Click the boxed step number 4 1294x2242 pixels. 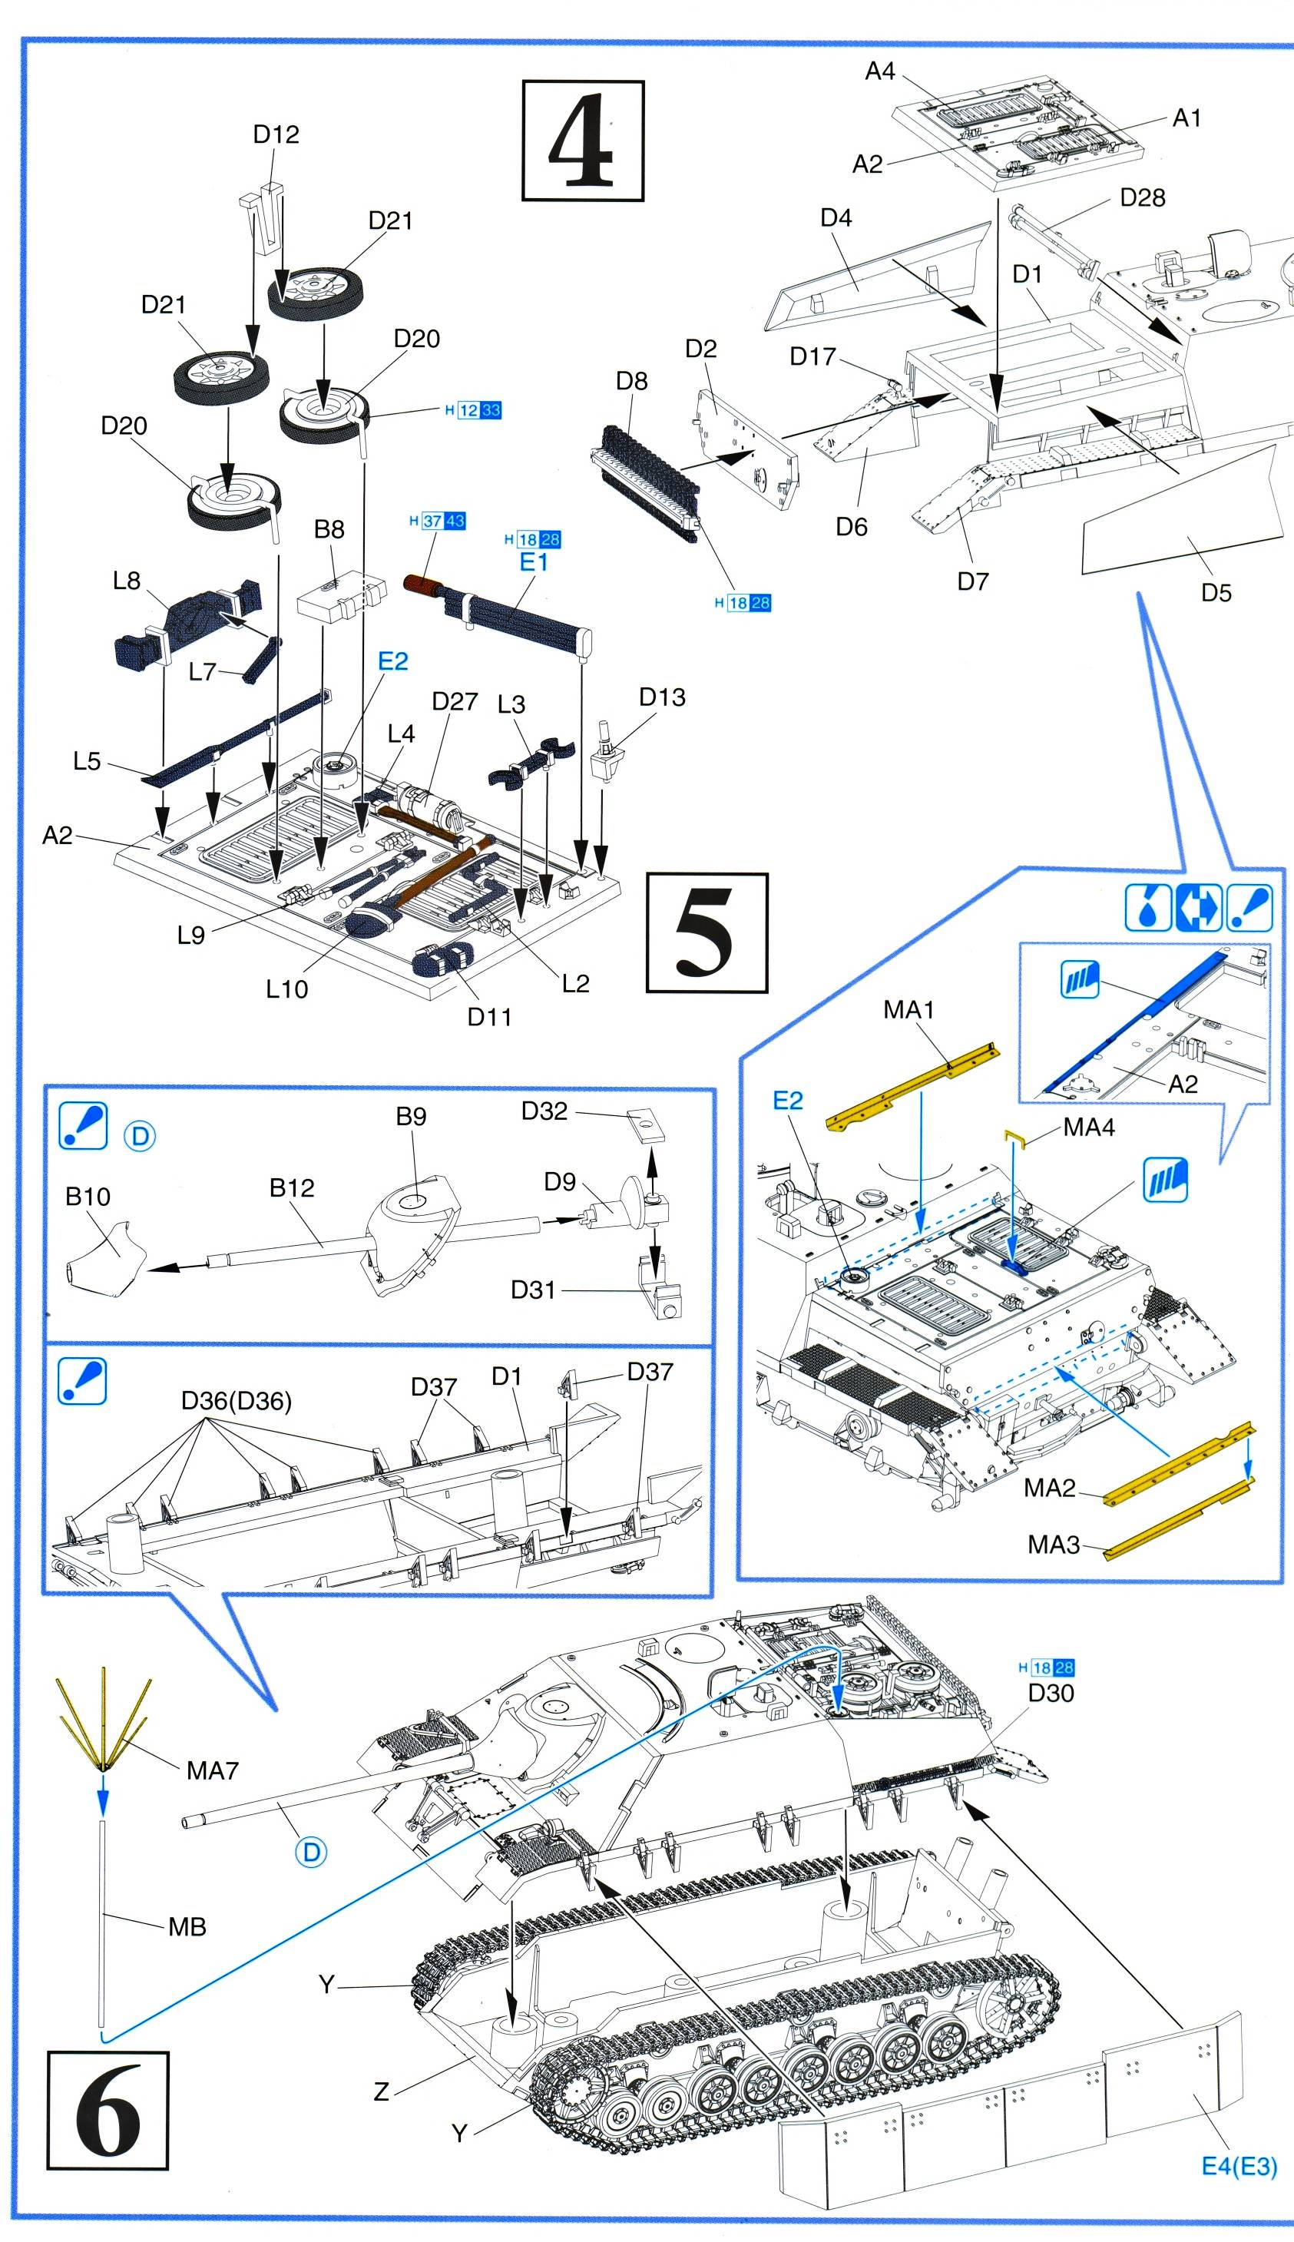click(x=582, y=141)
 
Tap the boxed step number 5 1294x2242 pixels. click(x=707, y=932)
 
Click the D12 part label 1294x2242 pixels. click(x=276, y=134)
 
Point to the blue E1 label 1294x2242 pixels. click(x=533, y=561)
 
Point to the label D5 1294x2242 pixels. click(x=1216, y=593)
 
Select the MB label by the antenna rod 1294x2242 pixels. click(x=187, y=1926)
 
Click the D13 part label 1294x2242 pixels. click(x=662, y=697)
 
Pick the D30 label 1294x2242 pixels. click(x=1051, y=1693)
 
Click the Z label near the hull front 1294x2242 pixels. click(x=381, y=2091)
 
